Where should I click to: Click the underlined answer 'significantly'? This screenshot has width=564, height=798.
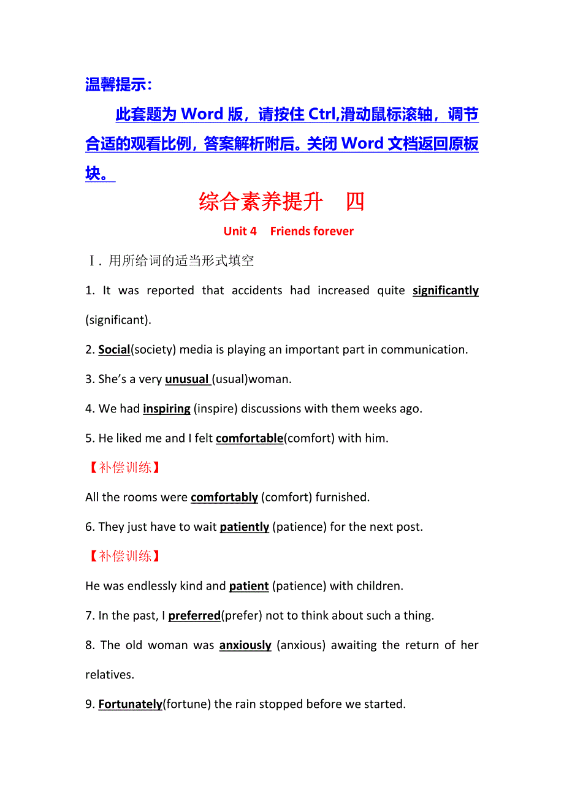(x=445, y=291)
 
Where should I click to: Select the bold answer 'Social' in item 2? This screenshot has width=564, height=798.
(x=114, y=350)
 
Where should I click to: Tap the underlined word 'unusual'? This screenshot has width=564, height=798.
(x=187, y=379)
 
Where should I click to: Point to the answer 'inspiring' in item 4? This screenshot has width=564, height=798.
(x=167, y=409)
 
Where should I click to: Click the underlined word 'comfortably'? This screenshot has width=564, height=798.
(x=224, y=498)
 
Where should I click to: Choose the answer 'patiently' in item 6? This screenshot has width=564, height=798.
(x=245, y=527)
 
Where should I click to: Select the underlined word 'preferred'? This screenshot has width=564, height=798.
(x=194, y=616)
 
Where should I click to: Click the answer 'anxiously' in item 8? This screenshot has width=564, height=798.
(x=245, y=645)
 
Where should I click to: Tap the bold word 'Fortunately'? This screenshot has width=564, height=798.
(x=130, y=705)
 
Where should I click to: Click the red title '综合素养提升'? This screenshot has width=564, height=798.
(x=261, y=202)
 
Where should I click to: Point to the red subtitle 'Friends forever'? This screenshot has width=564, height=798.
(x=311, y=232)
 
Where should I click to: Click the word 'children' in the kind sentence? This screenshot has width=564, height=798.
(x=379, y=587)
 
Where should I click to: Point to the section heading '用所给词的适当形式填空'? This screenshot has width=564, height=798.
(x=181, y=261)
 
